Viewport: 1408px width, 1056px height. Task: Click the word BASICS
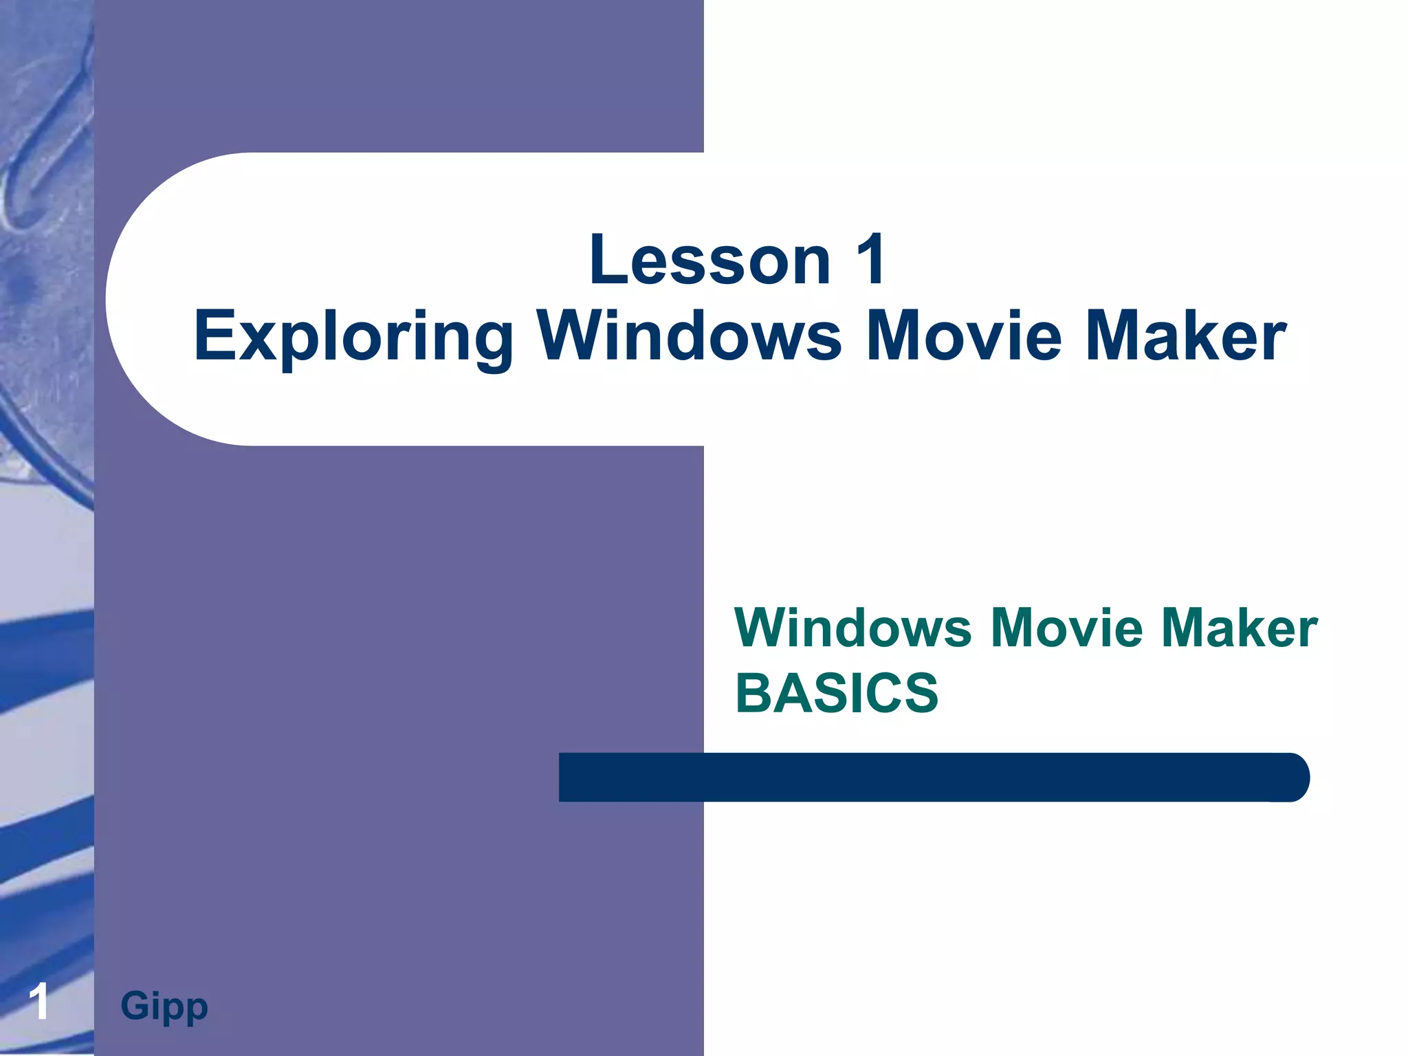pyautogui.click(x=837, y=693)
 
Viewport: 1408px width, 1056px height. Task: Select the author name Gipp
pyautogui.click(x=164, y=1006)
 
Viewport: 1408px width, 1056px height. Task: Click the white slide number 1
pyautogui.click(x=40, y=1002)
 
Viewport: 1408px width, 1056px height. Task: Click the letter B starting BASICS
pyautogui.click(x=753, y=693)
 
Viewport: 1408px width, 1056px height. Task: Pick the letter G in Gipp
pyautogui.click(x=135, y=1005)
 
